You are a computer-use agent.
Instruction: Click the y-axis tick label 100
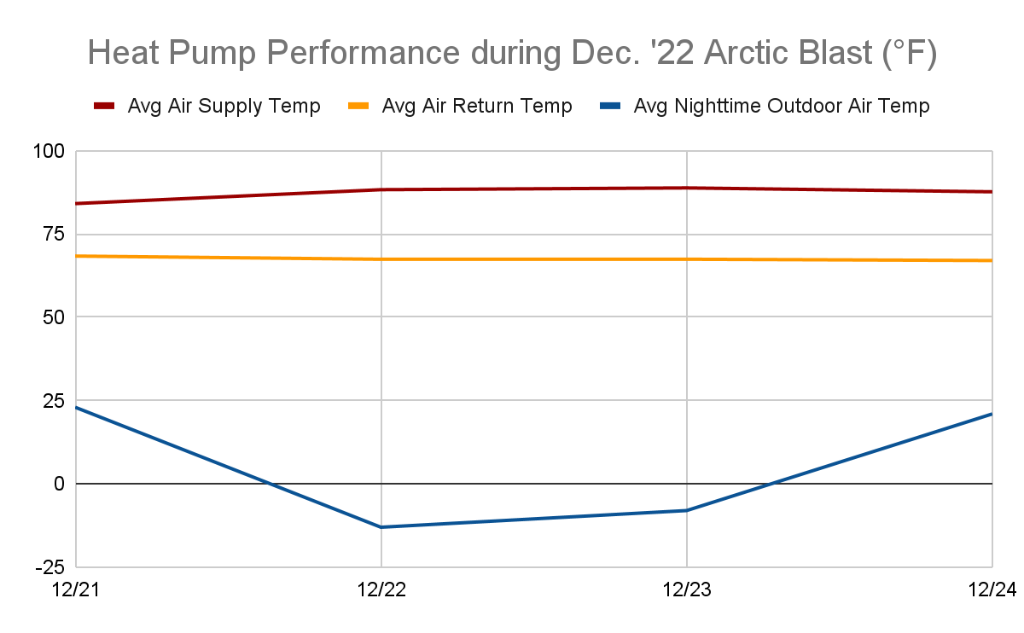point(49,152)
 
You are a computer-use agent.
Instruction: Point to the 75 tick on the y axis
point(54,235)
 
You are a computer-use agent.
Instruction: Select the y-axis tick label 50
point(54,317)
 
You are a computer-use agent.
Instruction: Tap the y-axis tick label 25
point(54,400)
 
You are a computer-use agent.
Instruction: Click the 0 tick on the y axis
point(59,484)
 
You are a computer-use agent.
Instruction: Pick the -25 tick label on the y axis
point(50,566)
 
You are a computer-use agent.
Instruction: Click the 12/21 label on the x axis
point(76,590)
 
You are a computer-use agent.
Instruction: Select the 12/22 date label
point(381,590)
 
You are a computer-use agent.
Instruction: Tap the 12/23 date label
point(686,590)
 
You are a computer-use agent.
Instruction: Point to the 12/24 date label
point(992,590)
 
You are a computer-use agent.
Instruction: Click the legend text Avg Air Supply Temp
point(224,107)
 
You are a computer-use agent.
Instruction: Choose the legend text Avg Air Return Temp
point(477,107)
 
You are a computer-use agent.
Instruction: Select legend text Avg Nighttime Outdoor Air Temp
point(782,107)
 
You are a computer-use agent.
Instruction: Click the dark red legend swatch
point(104,107)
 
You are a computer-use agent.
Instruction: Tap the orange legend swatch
point(358,107)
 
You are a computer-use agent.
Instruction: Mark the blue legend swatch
point(612,107)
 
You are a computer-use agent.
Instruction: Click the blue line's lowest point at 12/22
point(381,527)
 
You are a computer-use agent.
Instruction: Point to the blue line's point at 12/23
point(686,510)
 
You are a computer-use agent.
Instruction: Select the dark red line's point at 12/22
point(381,189)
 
